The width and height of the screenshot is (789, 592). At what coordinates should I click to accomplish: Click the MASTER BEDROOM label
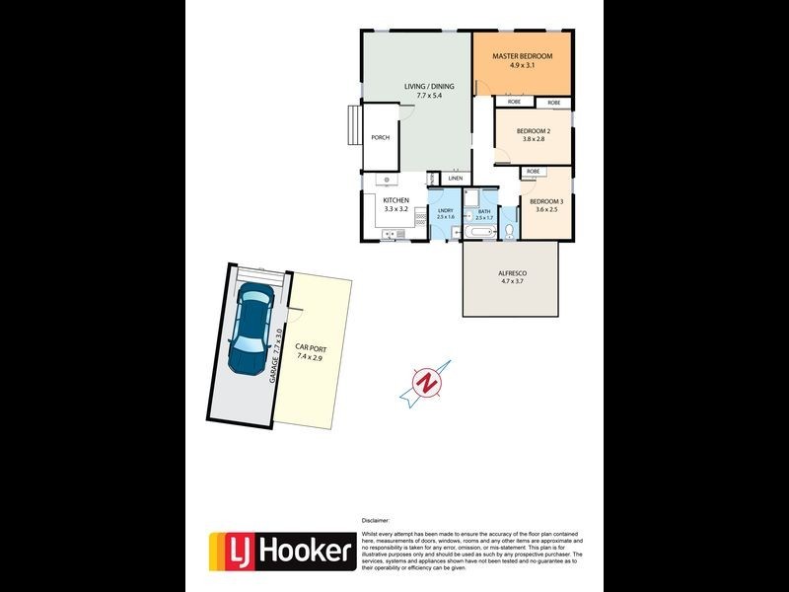522,56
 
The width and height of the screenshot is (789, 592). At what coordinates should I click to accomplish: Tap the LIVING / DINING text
429,87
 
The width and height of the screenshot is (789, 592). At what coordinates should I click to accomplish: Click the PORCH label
380,137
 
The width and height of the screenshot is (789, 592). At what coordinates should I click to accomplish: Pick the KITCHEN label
395,200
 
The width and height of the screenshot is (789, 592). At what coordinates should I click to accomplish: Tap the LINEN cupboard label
455,178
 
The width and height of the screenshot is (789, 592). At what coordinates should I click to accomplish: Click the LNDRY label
445,210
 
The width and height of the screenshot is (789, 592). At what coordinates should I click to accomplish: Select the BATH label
483,210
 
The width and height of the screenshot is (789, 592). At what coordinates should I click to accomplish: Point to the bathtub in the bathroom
482,232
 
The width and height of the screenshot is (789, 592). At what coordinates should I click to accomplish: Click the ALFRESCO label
513,272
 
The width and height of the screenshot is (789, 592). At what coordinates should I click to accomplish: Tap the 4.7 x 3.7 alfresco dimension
513,281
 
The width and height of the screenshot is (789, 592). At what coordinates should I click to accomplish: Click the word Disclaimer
376,519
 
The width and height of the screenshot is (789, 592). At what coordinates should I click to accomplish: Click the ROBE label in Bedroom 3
534,172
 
